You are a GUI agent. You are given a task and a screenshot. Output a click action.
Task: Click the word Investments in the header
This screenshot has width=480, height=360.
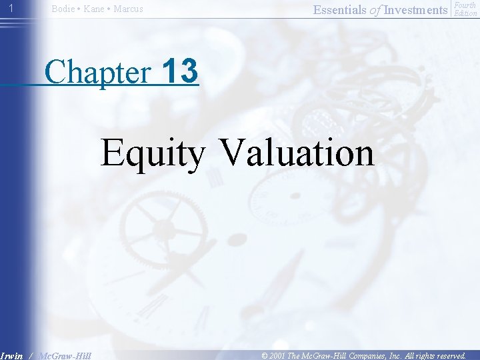pyautogui.click(x=415, y=9)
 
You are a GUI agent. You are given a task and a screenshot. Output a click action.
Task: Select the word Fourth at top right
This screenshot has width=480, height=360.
pyautogui.click(x=465, y=5)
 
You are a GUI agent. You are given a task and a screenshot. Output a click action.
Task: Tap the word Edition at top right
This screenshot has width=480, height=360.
pyautogui.click(x=465, y=13)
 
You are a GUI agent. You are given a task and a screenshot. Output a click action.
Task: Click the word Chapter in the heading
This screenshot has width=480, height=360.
pyautogui.click(x=99, y=72)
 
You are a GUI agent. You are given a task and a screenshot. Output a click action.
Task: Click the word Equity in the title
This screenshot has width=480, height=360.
pyautogui.click(x=153, y=153)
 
